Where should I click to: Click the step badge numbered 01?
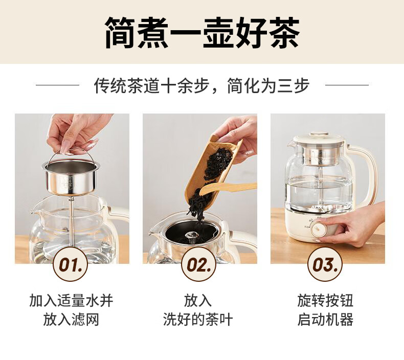70,264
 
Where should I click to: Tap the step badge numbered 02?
198,264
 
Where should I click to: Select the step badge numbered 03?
325,264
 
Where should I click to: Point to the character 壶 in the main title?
218,33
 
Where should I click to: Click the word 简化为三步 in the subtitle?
268,85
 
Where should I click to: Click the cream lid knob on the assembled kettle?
319,134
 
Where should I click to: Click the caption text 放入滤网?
71,320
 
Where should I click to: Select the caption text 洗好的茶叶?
198,320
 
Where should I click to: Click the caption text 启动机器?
325,320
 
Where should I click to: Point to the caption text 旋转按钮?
325,301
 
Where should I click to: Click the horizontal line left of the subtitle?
57,85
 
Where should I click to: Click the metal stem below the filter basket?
71,221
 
